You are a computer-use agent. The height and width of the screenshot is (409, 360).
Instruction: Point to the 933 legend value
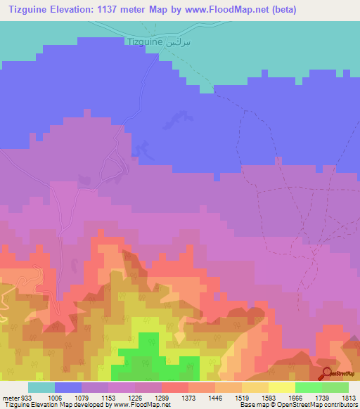(x=27, y=398)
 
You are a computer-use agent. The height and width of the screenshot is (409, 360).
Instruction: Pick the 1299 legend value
(x=161, y=398)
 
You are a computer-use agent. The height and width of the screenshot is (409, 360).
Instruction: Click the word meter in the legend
(x=9, y=398)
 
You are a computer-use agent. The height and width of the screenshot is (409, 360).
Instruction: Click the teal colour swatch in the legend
(x=41, y=387)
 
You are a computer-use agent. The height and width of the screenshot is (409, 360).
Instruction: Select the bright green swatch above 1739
(x=308, y=387)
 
